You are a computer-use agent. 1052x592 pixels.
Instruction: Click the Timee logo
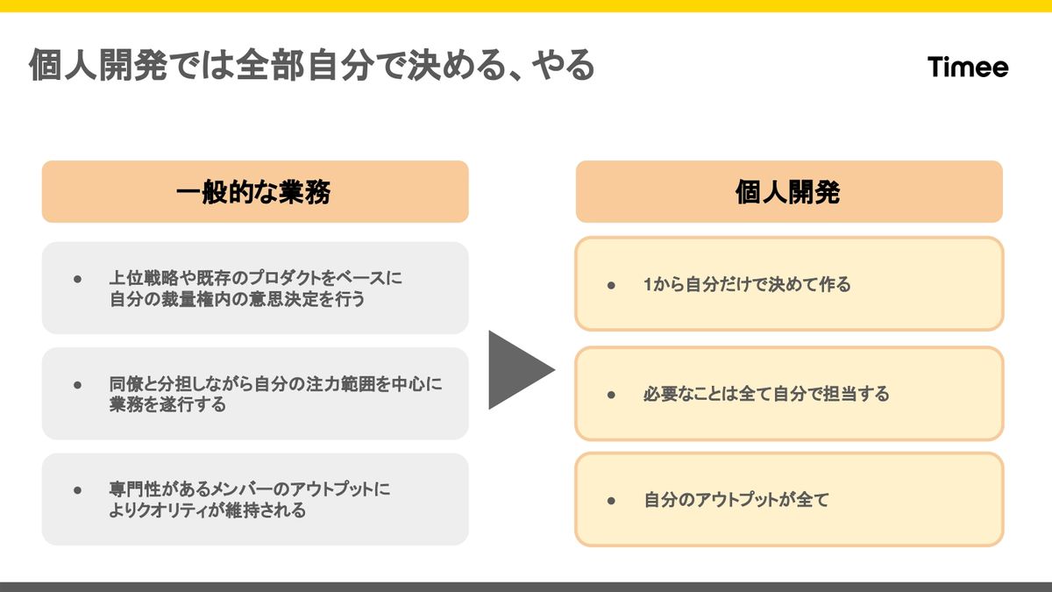(x=968, y=68)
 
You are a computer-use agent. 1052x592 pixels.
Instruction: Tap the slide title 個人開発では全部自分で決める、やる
(x=311, y=67)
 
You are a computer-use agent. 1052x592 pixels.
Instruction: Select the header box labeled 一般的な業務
(x=254, y=192)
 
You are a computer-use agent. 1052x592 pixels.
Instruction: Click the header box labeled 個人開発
(x=788, y=192)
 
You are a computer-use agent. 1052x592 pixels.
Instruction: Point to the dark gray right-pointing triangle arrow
(x=518, y=369)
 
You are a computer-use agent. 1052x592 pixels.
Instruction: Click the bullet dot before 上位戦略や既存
(x=77, y=279)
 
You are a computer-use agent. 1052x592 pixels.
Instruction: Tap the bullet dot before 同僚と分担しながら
(x=77, y=385)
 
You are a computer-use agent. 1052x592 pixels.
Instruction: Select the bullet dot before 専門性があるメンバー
(x=77, y=490)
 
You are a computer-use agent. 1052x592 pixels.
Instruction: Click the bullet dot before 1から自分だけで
(x=612, y=285)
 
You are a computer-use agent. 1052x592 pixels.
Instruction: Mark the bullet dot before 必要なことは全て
(x=612, y=395)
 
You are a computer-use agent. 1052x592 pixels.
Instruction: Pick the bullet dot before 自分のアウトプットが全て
(x=612, y=501)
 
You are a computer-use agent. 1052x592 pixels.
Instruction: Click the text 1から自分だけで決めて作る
(x=747, y=285)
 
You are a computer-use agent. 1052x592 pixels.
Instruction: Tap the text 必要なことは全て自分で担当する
(x=766, y=395)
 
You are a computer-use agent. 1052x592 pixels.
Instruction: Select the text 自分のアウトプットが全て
(x=736, y=501)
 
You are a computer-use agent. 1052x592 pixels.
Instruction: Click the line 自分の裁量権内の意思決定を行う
(x=237, y=300)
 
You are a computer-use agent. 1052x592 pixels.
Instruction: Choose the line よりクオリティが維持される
(x=208, y=510)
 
